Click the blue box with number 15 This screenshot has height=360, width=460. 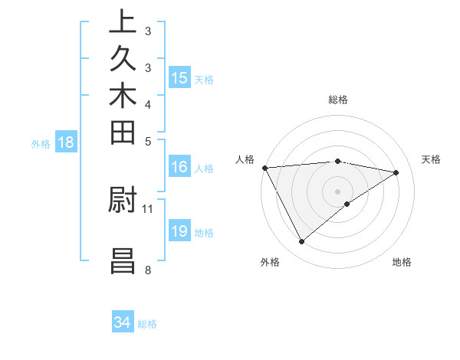click(179, 77)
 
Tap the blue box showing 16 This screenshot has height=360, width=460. click(179, 168)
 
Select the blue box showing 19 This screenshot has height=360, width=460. click(179, 231)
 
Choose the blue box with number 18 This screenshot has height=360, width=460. click(66, 142)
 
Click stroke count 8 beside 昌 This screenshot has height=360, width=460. click(148, 270)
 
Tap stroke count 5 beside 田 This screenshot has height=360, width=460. click(148, 141)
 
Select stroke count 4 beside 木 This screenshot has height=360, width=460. click(148, 103)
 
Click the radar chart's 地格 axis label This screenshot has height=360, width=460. click(402, 262)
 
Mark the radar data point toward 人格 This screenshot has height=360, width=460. click(264, 168)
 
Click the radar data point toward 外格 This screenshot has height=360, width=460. click(301, 242)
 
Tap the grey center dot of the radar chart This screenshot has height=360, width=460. click(337, 191)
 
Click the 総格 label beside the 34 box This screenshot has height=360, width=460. click(147, 324)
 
